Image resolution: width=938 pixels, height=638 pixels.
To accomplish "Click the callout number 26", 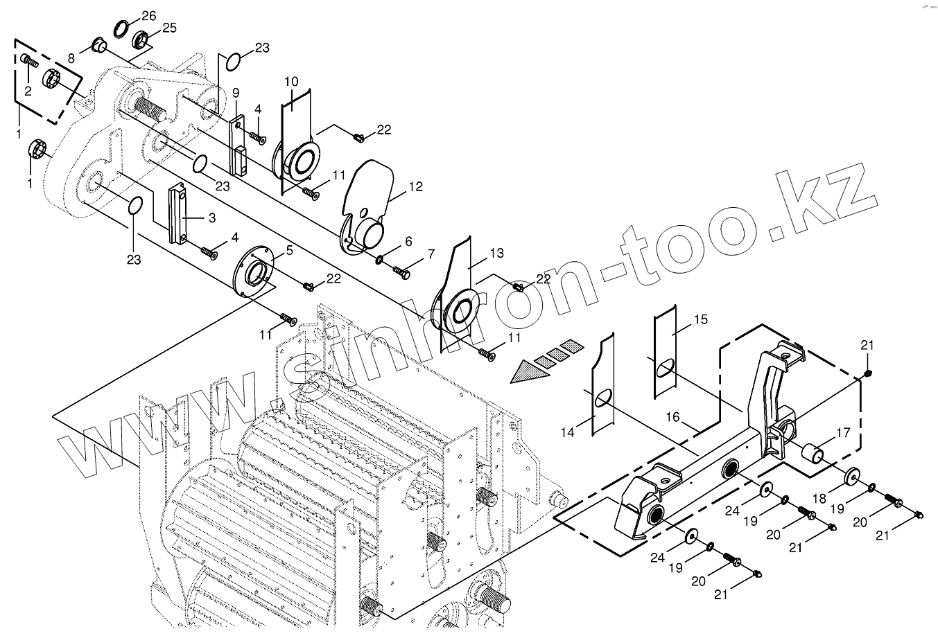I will [148, 15].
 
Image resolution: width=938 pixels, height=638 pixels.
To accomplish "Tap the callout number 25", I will [170, 28].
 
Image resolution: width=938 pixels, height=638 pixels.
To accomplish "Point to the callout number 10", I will [291, 81].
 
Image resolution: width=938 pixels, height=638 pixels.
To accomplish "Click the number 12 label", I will [415, 186].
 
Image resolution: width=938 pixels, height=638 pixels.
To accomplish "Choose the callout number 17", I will [843, 434].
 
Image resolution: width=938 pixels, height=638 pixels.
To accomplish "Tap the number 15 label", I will [701, 319].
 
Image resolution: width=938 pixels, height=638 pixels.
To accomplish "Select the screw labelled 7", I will [401, 272].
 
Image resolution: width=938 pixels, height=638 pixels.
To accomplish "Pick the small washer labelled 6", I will [380, 260].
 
